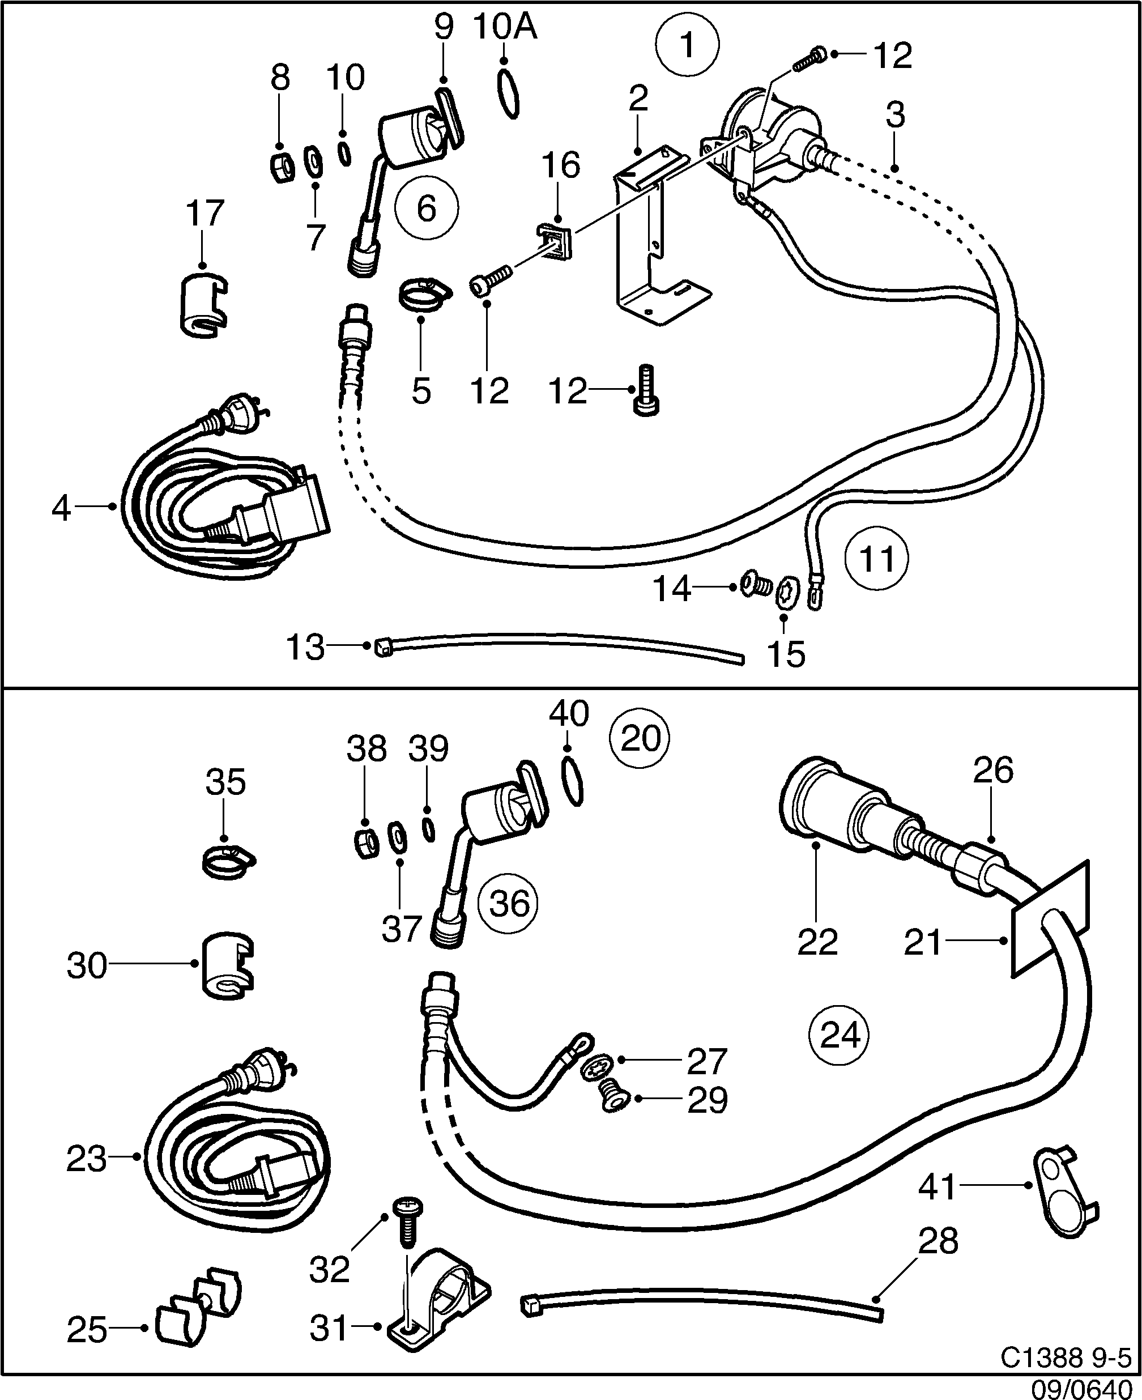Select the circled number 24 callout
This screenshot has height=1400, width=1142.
pos(840,1035)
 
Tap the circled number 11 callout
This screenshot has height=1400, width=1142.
pos(877,559)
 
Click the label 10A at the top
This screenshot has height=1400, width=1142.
pos(505,28)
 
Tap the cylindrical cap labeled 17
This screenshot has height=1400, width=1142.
pos(203,304)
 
